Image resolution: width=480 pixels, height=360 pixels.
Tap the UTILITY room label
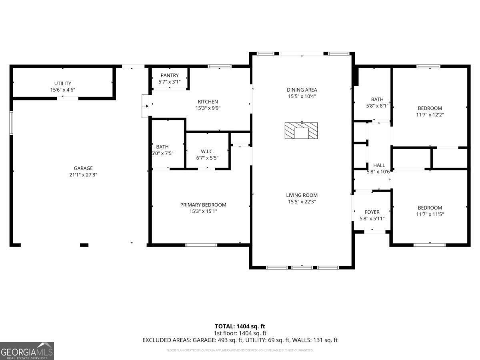62,83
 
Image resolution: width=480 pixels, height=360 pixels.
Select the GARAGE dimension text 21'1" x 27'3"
83,175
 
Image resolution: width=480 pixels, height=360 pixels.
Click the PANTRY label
170,75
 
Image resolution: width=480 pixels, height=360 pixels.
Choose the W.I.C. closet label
207,151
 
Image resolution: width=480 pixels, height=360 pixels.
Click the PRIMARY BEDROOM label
203,205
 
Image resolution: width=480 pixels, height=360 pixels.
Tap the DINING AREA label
302,90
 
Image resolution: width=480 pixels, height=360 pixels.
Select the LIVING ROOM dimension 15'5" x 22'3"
302,202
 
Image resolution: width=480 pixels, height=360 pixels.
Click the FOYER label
372,212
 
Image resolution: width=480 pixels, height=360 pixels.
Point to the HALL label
379,165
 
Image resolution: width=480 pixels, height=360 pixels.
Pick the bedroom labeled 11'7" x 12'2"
430,111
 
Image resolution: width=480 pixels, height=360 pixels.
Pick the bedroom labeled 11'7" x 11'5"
430,211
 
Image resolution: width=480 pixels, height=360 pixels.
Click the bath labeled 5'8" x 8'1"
377,103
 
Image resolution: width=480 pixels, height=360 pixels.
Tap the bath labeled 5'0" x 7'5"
162,150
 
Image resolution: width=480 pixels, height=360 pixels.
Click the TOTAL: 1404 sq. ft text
240,326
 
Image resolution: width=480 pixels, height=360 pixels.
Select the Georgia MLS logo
27,351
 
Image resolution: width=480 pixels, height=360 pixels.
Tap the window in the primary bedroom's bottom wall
201,244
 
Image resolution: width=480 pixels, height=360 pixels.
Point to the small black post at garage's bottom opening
84,244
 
